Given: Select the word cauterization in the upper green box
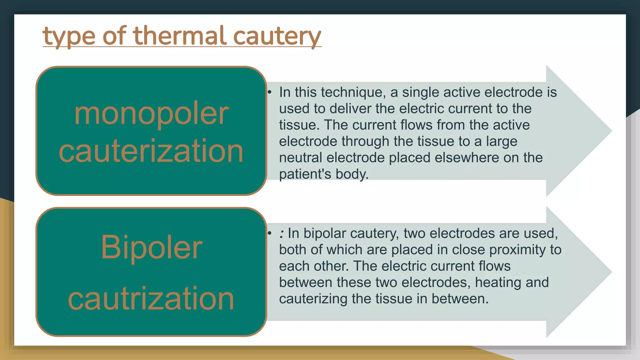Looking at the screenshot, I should pos(151,151).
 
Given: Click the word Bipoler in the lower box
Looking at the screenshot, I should pos(151,247).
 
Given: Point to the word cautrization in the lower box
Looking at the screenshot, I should pos(151,299).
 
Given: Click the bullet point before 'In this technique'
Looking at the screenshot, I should pos(270,92).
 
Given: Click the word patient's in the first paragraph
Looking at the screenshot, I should pos(305,174).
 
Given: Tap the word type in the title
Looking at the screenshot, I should pos(69,37).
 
